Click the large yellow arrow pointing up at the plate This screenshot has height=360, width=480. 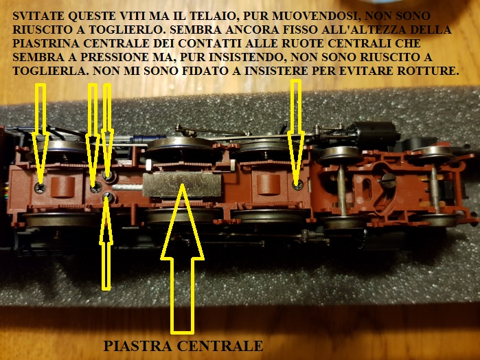click(183, 258)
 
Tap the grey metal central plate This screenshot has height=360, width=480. click(182, 184)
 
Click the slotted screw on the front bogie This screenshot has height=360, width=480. click(389, 180)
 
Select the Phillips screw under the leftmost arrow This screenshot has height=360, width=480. click(41, 188)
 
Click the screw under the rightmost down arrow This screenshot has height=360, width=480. click(297, 185)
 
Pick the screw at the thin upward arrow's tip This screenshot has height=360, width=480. click(108, 197)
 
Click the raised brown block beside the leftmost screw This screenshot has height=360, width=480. click(63, 187)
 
